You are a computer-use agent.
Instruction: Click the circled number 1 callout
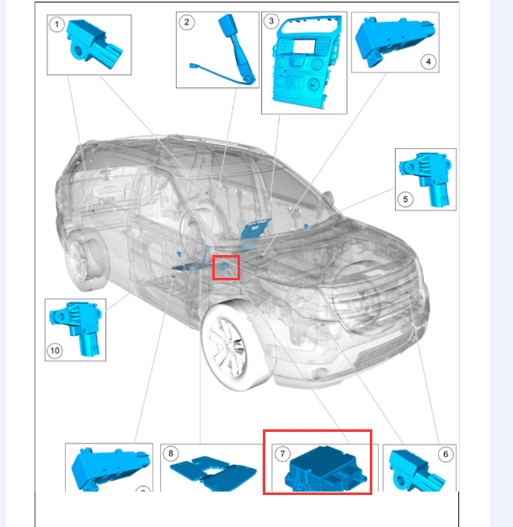pos(56,24)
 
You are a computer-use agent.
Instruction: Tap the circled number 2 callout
pos(187,23)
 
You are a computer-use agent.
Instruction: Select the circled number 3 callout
pos(271,21)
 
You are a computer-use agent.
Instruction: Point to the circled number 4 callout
pos(428,61)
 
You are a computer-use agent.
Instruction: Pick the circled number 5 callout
pos(405,200)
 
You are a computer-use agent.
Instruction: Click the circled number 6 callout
pos(446,455)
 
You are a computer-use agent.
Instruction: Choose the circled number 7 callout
pos(282,454)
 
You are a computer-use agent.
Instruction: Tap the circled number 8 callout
pos(170,454)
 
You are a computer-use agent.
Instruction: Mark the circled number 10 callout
pos(55,351)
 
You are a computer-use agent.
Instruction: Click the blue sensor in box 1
pos(94,44)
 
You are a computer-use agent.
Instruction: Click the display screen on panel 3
pos(304,46)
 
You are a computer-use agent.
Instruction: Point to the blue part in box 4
pos(393,41)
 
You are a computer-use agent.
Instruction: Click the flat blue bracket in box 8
pos(212,472)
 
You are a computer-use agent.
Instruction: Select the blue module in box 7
pos(324,469)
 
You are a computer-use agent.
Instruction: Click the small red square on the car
pos(226,268)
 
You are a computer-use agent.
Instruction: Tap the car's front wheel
pos(236,346)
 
